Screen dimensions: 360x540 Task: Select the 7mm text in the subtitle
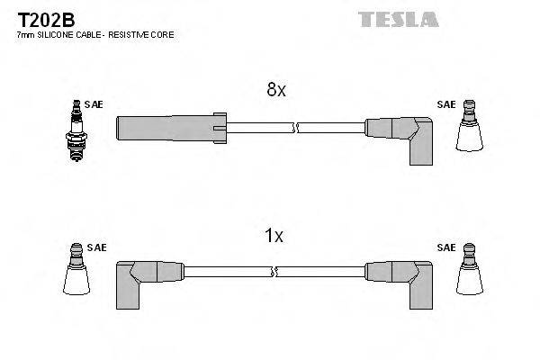click(25, 34)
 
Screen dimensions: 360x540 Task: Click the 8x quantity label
click(275, 90)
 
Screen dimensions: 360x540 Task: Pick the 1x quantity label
click(274, 236)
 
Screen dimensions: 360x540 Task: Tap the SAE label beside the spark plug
click(94, 104)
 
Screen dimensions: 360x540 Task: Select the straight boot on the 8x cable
click(171, 127)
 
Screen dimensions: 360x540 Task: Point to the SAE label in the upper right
click(445, 104)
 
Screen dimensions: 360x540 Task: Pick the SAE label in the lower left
click(95, 247)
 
